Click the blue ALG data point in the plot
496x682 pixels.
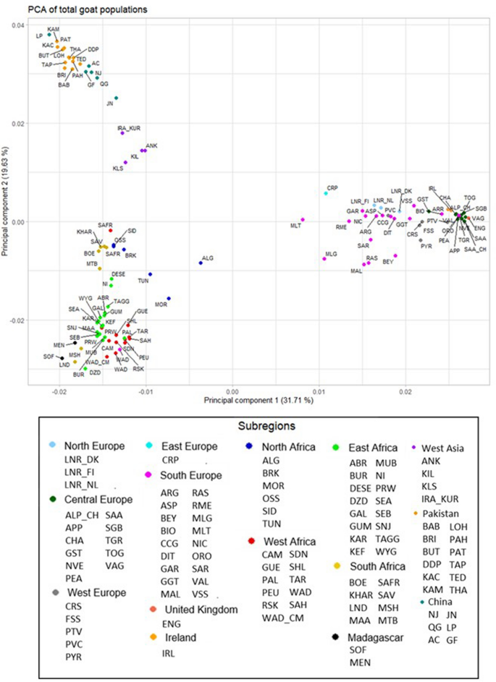click(x=201, y=263)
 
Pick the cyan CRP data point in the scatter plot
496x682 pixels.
click(x=326, y=193)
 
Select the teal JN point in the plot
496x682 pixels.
click(x=116, y=98)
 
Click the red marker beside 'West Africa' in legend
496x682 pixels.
click(x=250, y=540)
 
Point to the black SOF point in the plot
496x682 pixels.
click(x=62, y=358)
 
